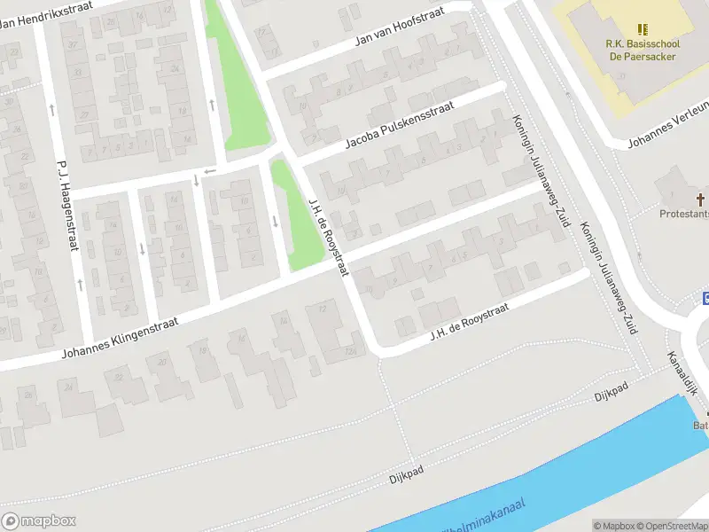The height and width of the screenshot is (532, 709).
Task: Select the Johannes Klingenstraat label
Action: click(x=119, y=340)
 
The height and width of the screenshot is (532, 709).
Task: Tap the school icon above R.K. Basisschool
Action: click(x=643, y=30)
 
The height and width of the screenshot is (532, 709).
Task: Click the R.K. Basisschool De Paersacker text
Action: click(x=642, y=50)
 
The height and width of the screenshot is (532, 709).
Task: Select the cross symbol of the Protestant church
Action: click(x=700, y=199)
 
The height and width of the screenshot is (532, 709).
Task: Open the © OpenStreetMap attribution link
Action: click(x=669, y=525)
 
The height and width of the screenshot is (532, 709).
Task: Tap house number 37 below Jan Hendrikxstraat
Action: click(x=75, y=44)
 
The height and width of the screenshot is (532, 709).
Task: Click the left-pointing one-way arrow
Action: click(x=209, y=171)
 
